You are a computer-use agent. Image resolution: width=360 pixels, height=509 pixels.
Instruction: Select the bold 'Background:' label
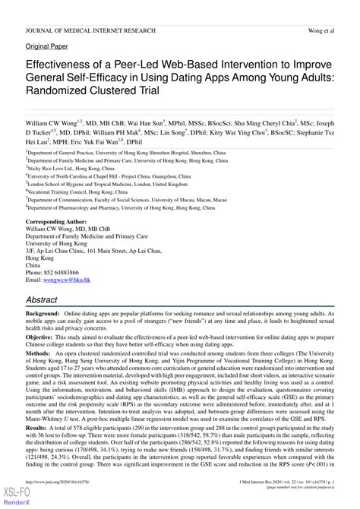[x=43, y=313]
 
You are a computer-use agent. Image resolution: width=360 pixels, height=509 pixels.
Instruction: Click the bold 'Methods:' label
[x=39, y=353]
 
